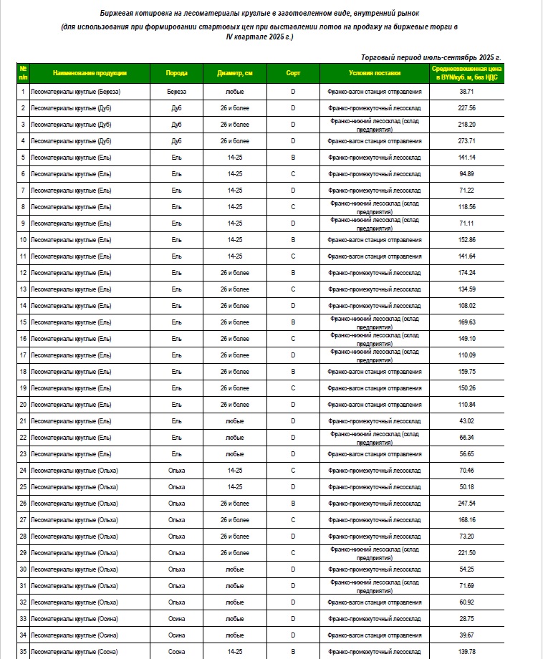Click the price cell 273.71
click(x=467, y=141)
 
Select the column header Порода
click(x=177, y=73)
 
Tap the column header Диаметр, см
click(x=235, y=73)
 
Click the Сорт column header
click(x=293, y=73)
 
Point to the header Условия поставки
click(x=375, y=73)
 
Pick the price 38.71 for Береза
click(x=467, y=92)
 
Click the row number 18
click(x=23, y=372)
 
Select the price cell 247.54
click(x=467, y=504)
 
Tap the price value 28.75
click(x=467, y=618)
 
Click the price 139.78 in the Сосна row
click(x=467, y=651)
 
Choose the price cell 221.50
click(x=467, y=552)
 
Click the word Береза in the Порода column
click(x=177, y=92)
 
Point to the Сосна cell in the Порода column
click(x=177, y=651)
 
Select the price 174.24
click(x=467, y=273)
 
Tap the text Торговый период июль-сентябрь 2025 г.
click(x=431, y=57)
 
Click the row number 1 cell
click(x=23, y=92)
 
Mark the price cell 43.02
click(x=467, y=420)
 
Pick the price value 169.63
click(x=467, y=322)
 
